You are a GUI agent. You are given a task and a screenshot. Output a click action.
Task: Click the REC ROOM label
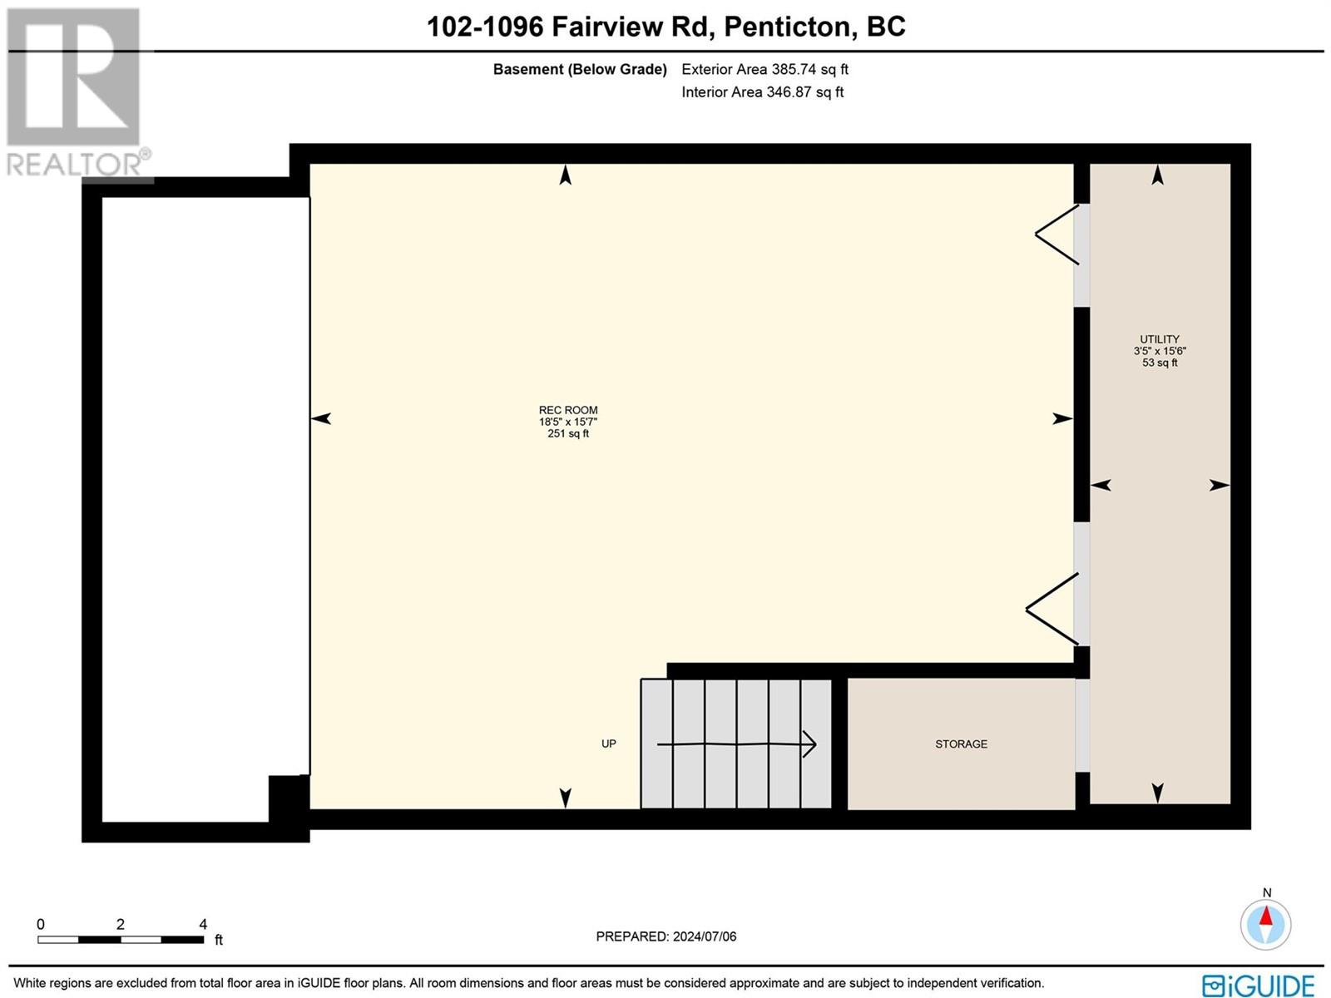point(568,410)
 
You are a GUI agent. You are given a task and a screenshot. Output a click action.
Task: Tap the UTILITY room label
point(1160,339)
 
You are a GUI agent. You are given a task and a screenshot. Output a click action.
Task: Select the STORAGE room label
point(961,744)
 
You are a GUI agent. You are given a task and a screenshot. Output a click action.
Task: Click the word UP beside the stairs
point(609,744)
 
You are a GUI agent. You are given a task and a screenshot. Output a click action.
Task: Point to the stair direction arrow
point(737,744)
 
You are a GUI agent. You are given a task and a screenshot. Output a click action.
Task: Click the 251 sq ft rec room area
point(568,434)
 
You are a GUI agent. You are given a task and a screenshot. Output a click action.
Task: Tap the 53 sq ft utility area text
point(1160,363)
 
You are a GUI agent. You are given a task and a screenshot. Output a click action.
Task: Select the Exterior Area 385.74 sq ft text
point(764,70)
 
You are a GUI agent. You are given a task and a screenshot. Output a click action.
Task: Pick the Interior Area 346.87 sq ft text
point(762,92)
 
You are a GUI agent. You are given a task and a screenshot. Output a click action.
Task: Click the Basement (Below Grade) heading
point(580,70)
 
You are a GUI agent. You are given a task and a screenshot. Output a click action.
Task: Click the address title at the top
point(665,27)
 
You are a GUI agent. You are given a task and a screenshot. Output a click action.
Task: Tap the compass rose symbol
point(1265,925)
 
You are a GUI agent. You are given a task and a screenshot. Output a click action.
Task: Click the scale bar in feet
point(121,940)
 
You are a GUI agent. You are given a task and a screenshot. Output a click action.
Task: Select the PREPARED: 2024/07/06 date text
point(665,936)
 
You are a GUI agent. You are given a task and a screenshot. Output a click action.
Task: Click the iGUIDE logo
point(1259,985)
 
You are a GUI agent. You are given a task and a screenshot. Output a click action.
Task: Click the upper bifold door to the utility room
point(1057,235)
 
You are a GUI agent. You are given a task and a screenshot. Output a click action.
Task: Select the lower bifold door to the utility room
point(1052,609)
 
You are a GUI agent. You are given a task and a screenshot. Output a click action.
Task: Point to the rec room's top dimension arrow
point(565,175)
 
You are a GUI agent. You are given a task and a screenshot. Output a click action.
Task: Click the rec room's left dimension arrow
point(320,418)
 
